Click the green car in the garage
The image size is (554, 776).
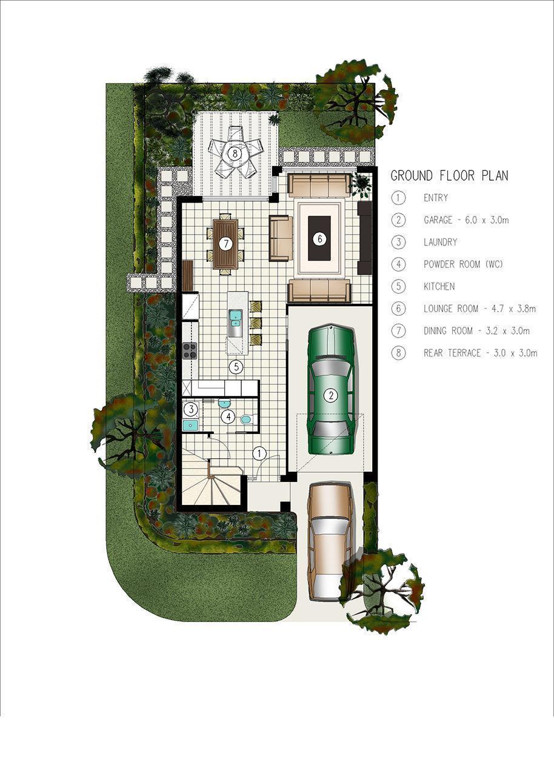click(x=332, y=389)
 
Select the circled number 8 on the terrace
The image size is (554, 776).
click(x=235, y=153)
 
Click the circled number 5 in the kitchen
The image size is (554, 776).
click(x=236, y=367)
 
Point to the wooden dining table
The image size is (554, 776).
click(x=226, y=244)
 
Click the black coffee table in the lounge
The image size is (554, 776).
click(x=319, y=238)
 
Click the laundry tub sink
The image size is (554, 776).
click(x=190, y=425)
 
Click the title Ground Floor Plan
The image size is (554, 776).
click(x=449, y=176)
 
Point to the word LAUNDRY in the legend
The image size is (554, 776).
click(x=440, y=242)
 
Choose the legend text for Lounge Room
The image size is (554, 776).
click(x=480, y=309)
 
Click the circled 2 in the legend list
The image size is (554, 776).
click(x=399, y=220)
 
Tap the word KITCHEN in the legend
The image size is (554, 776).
click(x=439, y=287)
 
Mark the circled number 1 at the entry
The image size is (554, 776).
click(x=259, y=453)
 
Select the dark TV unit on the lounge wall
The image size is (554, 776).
click(x=364, y=238)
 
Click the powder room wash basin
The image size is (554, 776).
click(x=225, y=403)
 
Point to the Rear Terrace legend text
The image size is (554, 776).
click(x=481, y=353)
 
